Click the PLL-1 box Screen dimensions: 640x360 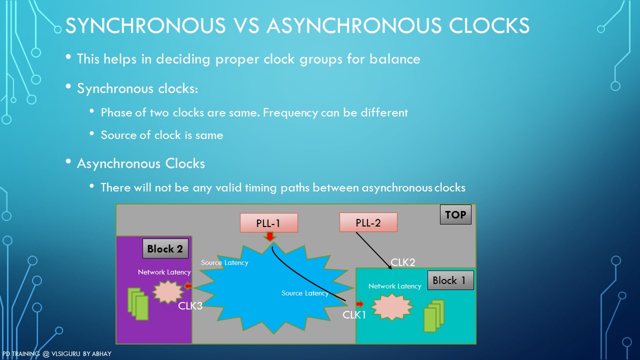[x=269, y=223]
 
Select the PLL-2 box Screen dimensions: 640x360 [x=368, y=222]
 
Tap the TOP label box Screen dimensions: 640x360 [x=455, y=214]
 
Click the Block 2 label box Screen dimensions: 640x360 [x=165, y=248]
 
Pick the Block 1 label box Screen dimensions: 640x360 [x=450, y=280]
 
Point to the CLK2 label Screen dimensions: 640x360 [x=402, y=262]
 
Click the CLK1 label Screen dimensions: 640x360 [x=354, y=315]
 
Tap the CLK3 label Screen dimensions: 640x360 [x=190, y=305]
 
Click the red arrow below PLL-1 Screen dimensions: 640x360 [x=269, y=236]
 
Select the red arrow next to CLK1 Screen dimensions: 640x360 [x=360, y=303]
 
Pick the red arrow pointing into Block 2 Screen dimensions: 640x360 [x=188, y=286]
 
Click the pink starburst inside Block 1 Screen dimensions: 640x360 [x=392, y=307]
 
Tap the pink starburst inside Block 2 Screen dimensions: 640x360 [x=167, y=291]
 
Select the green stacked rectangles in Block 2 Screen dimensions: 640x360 [x=138, y=303]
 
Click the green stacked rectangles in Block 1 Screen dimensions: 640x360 [x=434, y=315]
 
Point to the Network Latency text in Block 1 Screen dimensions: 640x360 [x=394, y=286]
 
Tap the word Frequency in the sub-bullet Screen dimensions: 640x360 [x=290, y=113]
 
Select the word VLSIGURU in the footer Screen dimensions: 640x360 [x=65, y=353]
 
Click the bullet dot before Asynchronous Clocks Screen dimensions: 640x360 [x=68, y=161]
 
